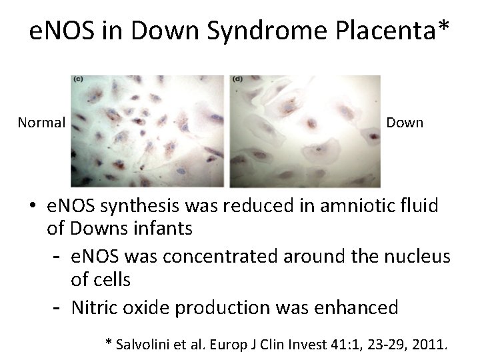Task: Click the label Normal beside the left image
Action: pyautogui.click(x=41, y=123)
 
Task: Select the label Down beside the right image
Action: pyautogui.click(x=405, y=123)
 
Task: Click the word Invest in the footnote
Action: pyautogui.click(x=307, y=344)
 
